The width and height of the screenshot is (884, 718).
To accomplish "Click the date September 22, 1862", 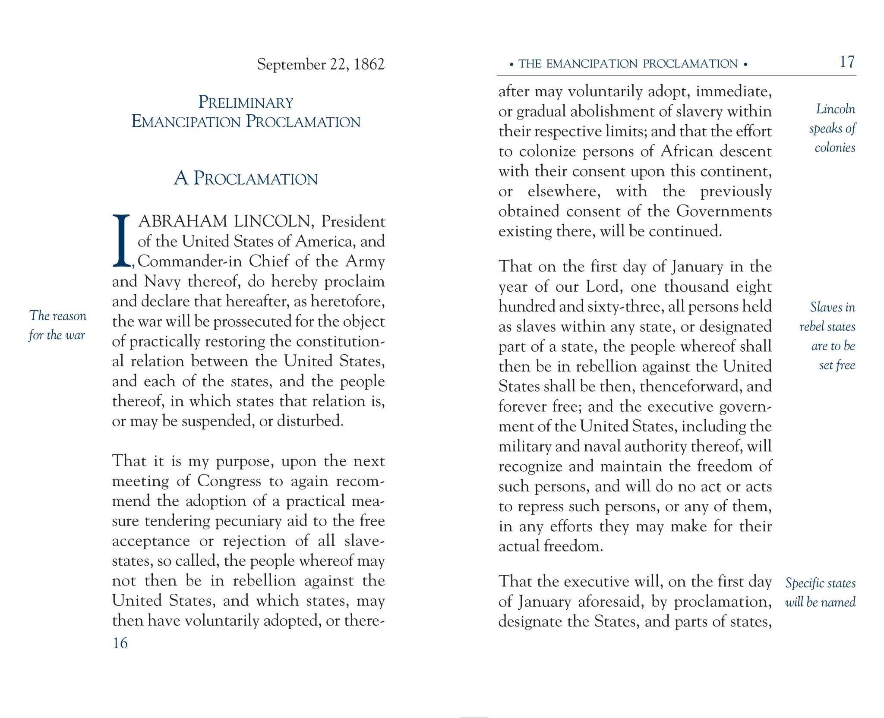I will coord(320,64).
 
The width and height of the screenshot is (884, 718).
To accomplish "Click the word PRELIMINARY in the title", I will coord(246,103).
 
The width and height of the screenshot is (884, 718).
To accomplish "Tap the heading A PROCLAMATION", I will coord(246,178).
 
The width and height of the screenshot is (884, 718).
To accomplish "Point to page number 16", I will coord(120,643).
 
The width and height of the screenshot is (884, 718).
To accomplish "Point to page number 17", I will coord(846,62).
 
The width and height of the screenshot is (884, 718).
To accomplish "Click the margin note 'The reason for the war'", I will coord(57,325).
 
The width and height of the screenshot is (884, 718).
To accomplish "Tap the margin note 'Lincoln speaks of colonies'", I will coord(833,128).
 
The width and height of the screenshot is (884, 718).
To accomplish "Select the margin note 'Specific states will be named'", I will coord(820,592).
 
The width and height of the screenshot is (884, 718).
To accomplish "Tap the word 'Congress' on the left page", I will coord(229,481).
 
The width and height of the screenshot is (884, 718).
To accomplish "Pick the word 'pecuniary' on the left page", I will coord(248,521).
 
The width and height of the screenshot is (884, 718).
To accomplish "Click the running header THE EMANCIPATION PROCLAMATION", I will coord(628,64).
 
